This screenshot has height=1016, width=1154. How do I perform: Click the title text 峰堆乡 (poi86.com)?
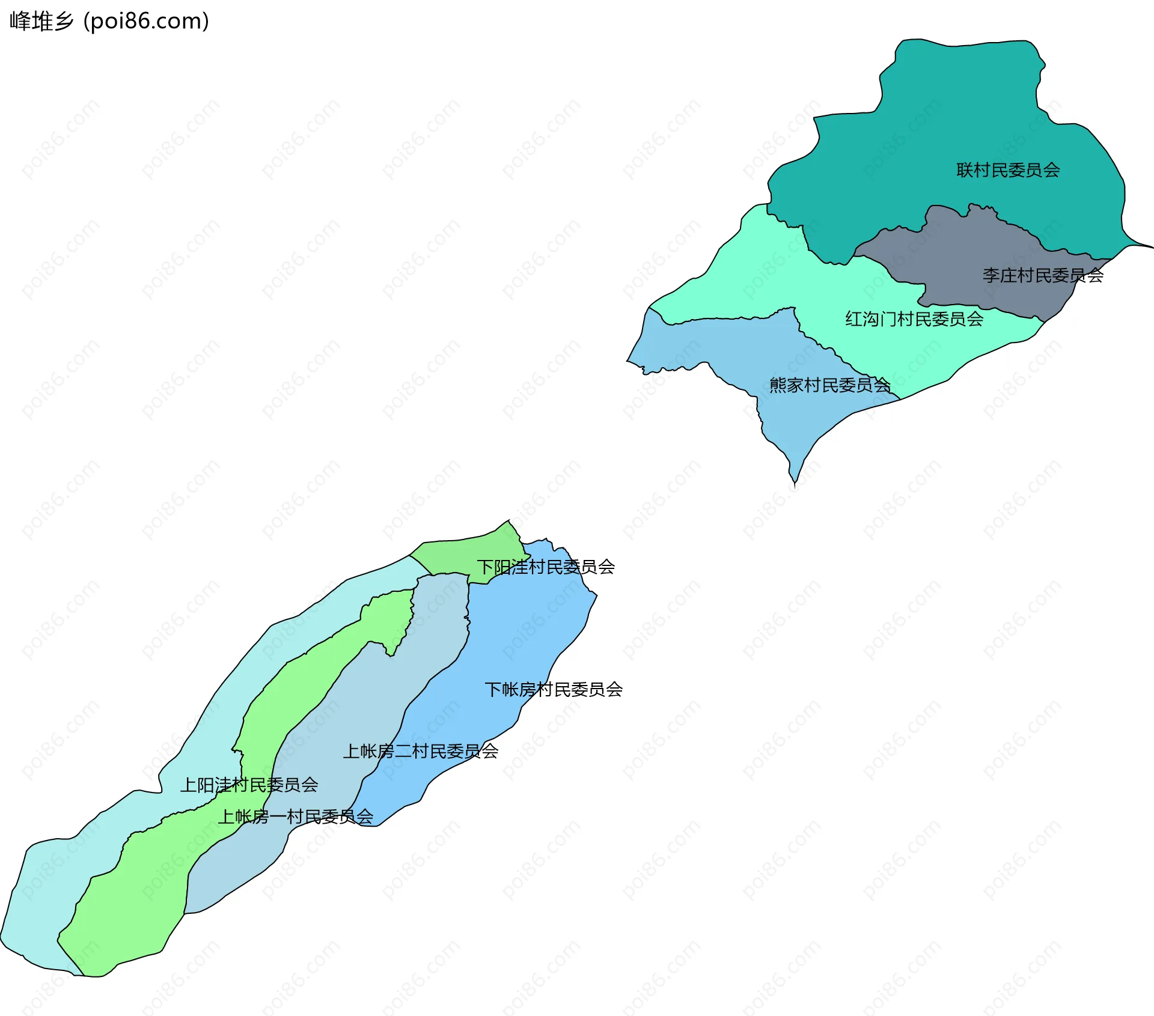(x=109, y=21)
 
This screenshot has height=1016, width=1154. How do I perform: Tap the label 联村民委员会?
(x=1008, y=170)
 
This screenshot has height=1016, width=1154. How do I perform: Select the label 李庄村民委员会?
(x=1043, y=275)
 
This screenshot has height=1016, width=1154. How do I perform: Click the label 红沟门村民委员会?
(x=914, y=318)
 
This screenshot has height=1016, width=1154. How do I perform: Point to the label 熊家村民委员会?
(x=829, y=385)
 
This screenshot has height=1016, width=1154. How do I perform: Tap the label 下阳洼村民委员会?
(x=546, y=567)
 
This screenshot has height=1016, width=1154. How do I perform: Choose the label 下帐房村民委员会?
(x=553, y=689)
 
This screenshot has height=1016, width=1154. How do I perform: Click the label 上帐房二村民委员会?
(x=420, y=751)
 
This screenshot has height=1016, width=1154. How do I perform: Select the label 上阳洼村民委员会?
(x=249, y=785)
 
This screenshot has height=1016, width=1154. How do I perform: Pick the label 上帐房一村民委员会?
(x=295, y=817)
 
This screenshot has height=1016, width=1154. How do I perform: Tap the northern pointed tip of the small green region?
(x=509, y=522)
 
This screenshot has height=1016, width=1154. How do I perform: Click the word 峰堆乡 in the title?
(x=41, y=21)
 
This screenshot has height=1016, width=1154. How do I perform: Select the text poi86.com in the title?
(x=146, y=21)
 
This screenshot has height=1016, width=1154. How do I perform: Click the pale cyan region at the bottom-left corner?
(x=36, y=901)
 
